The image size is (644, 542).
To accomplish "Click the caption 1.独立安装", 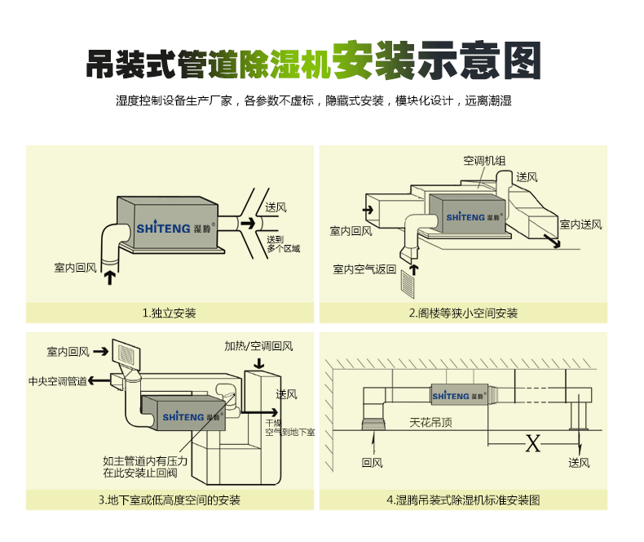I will coord(169,313).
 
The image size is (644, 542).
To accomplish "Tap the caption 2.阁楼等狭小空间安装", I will coord(462,313).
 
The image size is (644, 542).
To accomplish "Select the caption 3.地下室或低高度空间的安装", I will coord(170,500).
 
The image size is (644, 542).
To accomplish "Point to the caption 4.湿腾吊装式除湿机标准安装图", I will coord(462,500).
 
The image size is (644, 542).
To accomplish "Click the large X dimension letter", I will coord(532,443).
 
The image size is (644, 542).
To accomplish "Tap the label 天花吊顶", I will coord(430,423).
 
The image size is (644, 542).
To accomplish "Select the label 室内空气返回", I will coord(364,269).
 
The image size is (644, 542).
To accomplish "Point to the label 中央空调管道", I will coord(57,380).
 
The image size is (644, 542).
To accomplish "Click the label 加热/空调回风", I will coord(258,345).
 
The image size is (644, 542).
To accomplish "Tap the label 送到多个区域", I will coord(283,243).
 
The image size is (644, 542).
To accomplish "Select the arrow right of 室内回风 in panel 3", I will coord(102,351).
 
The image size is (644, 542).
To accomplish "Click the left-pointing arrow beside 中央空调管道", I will coord(95,380).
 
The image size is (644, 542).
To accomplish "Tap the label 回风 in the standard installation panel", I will coord(372,463).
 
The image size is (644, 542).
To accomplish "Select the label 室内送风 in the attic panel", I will coord(580,224).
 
